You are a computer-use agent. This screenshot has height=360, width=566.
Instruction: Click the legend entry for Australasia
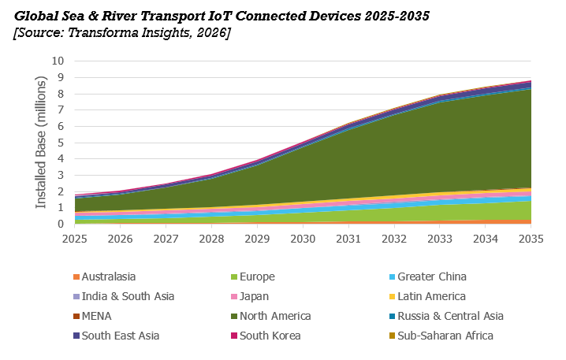104,276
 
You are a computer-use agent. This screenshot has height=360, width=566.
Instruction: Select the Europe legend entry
253,276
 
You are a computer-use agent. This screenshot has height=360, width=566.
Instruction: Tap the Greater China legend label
428,276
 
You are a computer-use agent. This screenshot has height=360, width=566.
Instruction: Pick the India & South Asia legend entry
124,296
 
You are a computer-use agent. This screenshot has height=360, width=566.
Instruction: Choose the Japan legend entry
250,296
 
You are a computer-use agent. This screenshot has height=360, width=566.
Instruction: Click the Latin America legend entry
427,296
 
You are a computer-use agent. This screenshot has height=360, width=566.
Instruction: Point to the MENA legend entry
92,317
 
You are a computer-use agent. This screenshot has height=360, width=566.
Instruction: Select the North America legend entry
271,317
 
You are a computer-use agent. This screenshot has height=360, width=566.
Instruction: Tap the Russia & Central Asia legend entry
446,317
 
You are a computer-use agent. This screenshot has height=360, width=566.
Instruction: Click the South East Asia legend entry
116,336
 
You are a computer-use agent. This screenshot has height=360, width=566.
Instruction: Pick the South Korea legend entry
266,336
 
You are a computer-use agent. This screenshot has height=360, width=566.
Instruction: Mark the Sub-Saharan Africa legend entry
441,336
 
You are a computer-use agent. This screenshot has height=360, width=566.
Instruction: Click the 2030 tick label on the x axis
303,239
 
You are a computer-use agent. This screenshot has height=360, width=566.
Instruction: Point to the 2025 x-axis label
75,239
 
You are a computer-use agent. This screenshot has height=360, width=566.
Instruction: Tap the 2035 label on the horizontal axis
531,239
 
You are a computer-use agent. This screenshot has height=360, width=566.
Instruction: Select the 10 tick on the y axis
58,61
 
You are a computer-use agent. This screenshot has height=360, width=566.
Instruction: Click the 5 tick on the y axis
61,143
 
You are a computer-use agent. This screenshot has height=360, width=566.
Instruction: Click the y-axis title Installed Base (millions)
41,142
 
